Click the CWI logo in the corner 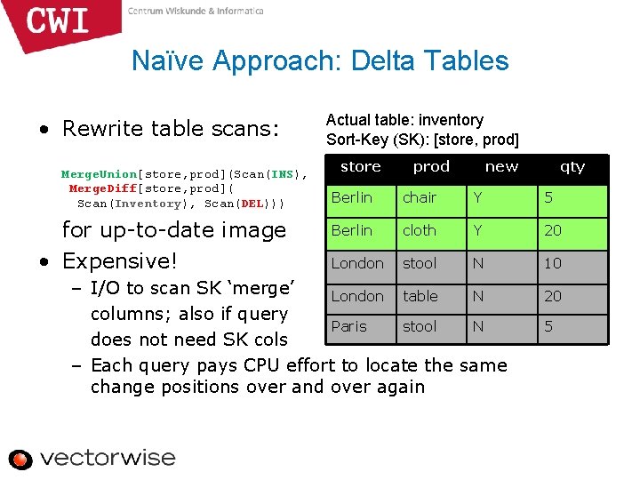coord(59,21)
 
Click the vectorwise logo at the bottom coord(92,459)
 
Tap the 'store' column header coord(360,166)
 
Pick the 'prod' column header coord(431,166)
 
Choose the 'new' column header coord(501,166)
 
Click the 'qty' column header coord(572,166)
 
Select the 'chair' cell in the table coord(420,197)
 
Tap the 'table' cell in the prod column coord(420,296)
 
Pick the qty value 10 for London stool coord(553,263)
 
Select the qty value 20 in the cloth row coord(553,230)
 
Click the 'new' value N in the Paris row coord(478,326)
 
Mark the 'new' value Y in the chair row coord(478,197)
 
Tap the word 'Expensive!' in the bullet coord(120,261)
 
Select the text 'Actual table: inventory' coord(404,120)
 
